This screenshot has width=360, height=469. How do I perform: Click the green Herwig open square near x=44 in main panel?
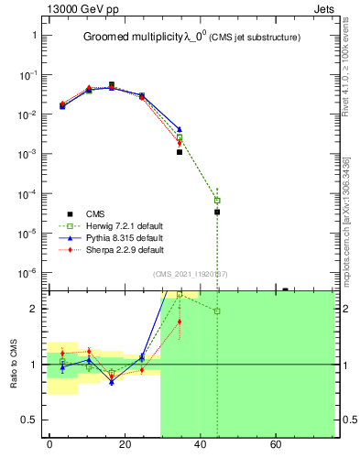[x=217, y=200]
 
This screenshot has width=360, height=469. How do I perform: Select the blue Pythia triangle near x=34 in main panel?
[x=180, y=129]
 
